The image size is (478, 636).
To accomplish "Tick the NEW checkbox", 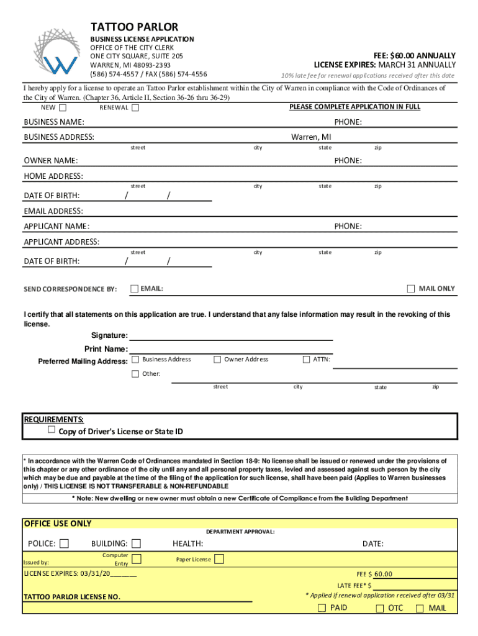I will (x=63, y=107).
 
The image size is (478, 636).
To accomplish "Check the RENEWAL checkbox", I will (x=135, y=107).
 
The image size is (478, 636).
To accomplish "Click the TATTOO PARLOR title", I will (x=134, y=27).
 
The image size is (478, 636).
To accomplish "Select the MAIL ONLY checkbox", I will (x=411, y=288).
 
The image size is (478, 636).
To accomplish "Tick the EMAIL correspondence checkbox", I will (x=135, y=288).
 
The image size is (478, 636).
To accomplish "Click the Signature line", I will (x=231, y=336).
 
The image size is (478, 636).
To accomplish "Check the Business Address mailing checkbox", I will (x=135, y=359).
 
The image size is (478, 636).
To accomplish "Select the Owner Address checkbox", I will (x=217, y=359).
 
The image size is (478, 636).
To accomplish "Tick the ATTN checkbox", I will (x=306, y=359).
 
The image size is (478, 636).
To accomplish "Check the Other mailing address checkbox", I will (x=135, y=373).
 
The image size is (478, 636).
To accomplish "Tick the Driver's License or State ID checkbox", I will (x=52, y=430).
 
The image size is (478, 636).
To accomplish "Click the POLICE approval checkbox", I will (x=64, y=543).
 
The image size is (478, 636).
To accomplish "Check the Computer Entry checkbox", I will (x=137, y=558).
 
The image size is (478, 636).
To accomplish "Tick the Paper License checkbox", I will (x=219, y=559).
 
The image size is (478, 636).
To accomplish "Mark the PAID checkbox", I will (x=322, y=608).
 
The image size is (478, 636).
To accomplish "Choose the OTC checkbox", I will (x=379, y=608).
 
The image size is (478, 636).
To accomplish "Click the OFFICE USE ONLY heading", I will (x=57, y=524).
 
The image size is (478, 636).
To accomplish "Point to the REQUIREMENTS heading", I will (x=53, y=419).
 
